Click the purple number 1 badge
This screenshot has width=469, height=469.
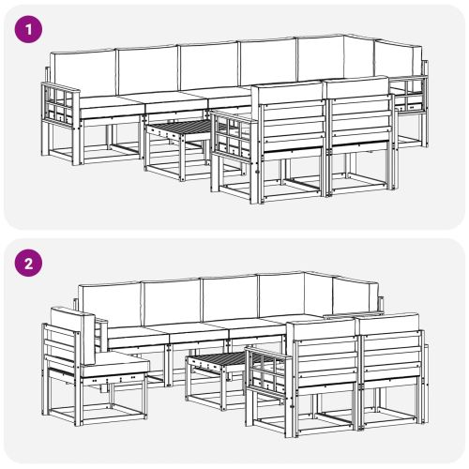(x=31, y=29)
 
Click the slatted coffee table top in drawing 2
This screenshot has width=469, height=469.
(x=218, y=361)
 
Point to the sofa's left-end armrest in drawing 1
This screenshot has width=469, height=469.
(x=61, y=104)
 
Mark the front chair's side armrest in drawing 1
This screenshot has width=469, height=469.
(x=232, y=136)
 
